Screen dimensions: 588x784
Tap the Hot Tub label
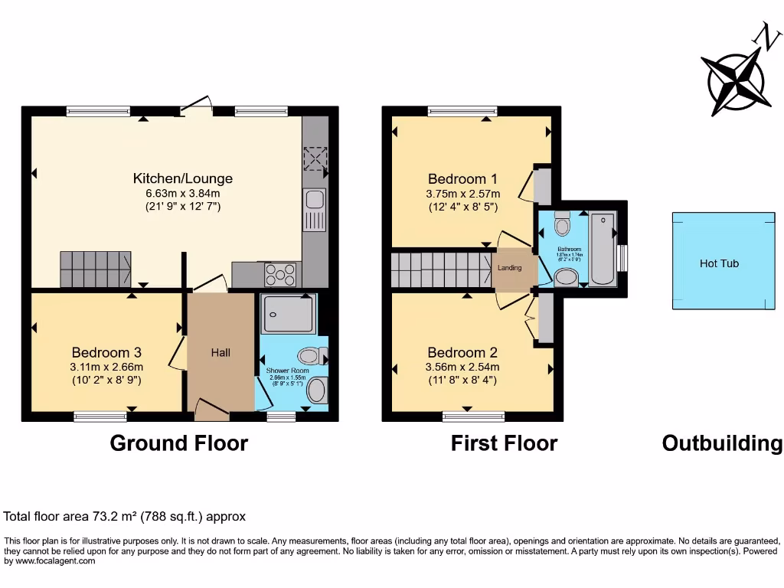[719, 263]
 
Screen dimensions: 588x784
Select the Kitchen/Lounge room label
[182, 178]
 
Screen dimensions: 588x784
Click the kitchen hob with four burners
[280, 273]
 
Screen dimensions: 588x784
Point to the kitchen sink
[314, 201]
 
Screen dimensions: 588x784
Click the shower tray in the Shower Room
[287, 314]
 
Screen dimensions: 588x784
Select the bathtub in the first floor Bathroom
[603, 250]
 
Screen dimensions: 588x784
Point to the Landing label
[510, 268]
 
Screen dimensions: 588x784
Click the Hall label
[220, 353]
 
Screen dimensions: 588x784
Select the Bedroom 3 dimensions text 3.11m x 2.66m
[106, 366]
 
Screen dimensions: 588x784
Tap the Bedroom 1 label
[463, 179]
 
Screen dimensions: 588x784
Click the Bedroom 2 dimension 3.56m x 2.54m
[462, 366]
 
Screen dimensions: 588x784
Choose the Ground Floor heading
[179, 443]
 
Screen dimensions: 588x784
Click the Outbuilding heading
[722, 443]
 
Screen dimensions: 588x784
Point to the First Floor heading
[504, 443]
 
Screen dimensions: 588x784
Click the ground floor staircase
[93, 269]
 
